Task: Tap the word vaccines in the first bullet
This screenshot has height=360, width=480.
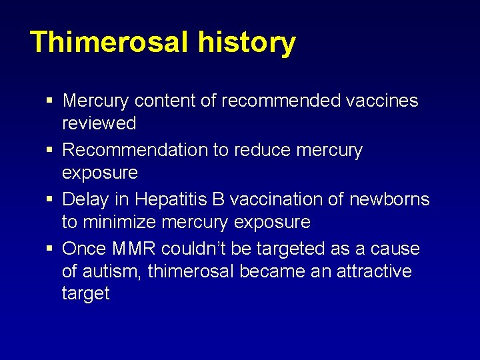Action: coord(382,101)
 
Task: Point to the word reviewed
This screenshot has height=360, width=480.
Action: coord(99,123)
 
